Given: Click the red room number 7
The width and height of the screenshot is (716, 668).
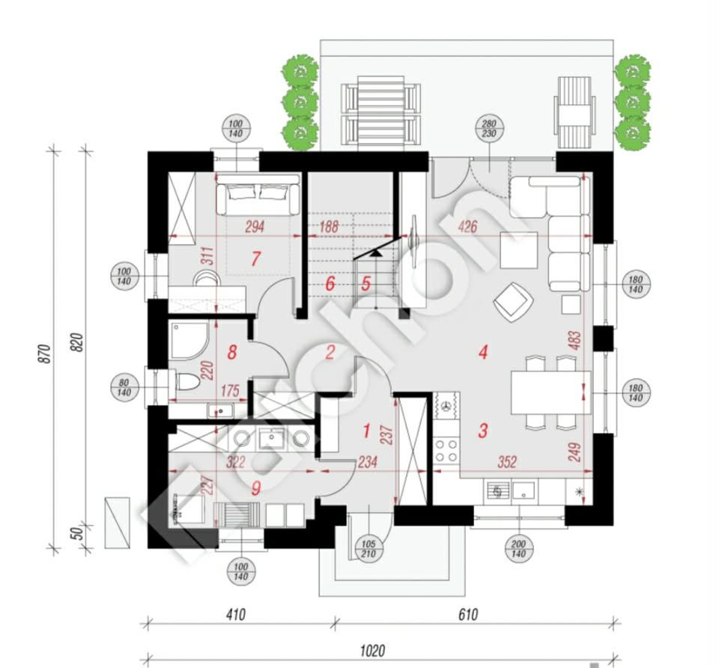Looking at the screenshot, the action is pos(255,259).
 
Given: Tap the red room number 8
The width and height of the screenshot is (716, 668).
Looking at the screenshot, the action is pos(232,352).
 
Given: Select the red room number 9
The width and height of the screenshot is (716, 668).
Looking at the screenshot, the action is pos(255,488).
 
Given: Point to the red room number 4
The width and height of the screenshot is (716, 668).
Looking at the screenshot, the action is pos(483,351).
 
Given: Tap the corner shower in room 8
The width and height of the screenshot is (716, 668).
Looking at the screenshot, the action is pos(189,340).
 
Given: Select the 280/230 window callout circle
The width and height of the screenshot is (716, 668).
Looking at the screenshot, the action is pos(489,129).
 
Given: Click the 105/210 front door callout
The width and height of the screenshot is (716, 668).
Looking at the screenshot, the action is pos(368,549).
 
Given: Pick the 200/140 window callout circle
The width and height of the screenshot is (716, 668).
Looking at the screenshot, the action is pos(519,549).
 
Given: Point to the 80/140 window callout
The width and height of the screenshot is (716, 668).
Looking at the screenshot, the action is pos(124,388).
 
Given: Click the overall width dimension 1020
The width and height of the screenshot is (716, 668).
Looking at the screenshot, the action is pos(372,651).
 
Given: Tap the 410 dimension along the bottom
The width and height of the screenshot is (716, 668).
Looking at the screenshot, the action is pos(236,615).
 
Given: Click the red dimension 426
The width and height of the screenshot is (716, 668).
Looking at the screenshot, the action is pos(467,226).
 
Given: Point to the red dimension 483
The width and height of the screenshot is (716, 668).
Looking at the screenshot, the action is pos(575,341).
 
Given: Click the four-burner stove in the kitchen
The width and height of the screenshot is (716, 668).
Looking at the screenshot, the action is pos(446,450).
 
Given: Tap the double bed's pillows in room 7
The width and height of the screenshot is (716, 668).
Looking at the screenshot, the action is pos(258,192).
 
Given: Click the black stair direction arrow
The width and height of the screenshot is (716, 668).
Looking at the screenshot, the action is pos(376,252).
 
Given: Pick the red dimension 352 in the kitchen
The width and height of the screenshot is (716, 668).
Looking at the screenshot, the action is pos(507,462).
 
